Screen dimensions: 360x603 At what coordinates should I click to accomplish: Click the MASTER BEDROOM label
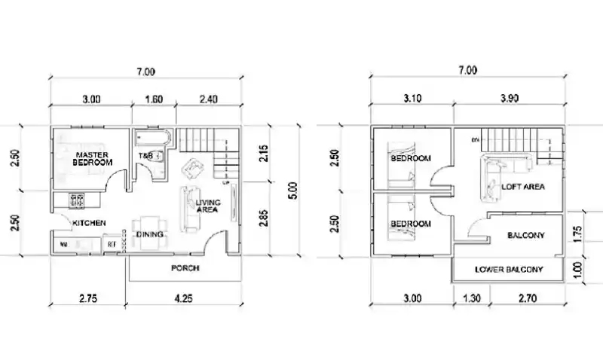pos(93,159)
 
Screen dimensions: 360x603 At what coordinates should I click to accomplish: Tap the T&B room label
pos(145,156)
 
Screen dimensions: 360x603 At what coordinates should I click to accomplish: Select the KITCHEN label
pos(89,223)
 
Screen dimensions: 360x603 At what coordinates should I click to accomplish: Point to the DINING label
pos(150,234)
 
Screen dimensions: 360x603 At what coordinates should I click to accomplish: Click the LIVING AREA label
pos(207,206)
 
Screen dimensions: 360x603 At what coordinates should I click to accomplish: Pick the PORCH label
pos(185,268)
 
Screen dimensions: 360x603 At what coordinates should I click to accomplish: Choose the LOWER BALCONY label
pos(509,269)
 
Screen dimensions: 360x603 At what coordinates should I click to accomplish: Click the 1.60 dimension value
pos(153,98)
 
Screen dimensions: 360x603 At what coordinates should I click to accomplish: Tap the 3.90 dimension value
pos(507,98)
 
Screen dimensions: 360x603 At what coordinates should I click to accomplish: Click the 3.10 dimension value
pos(412,98)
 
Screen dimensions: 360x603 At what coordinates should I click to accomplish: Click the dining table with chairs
pos(145,229)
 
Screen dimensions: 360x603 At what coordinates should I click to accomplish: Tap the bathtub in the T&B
pos(155,139)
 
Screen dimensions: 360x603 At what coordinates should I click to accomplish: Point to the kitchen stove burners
pos(77,200)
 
